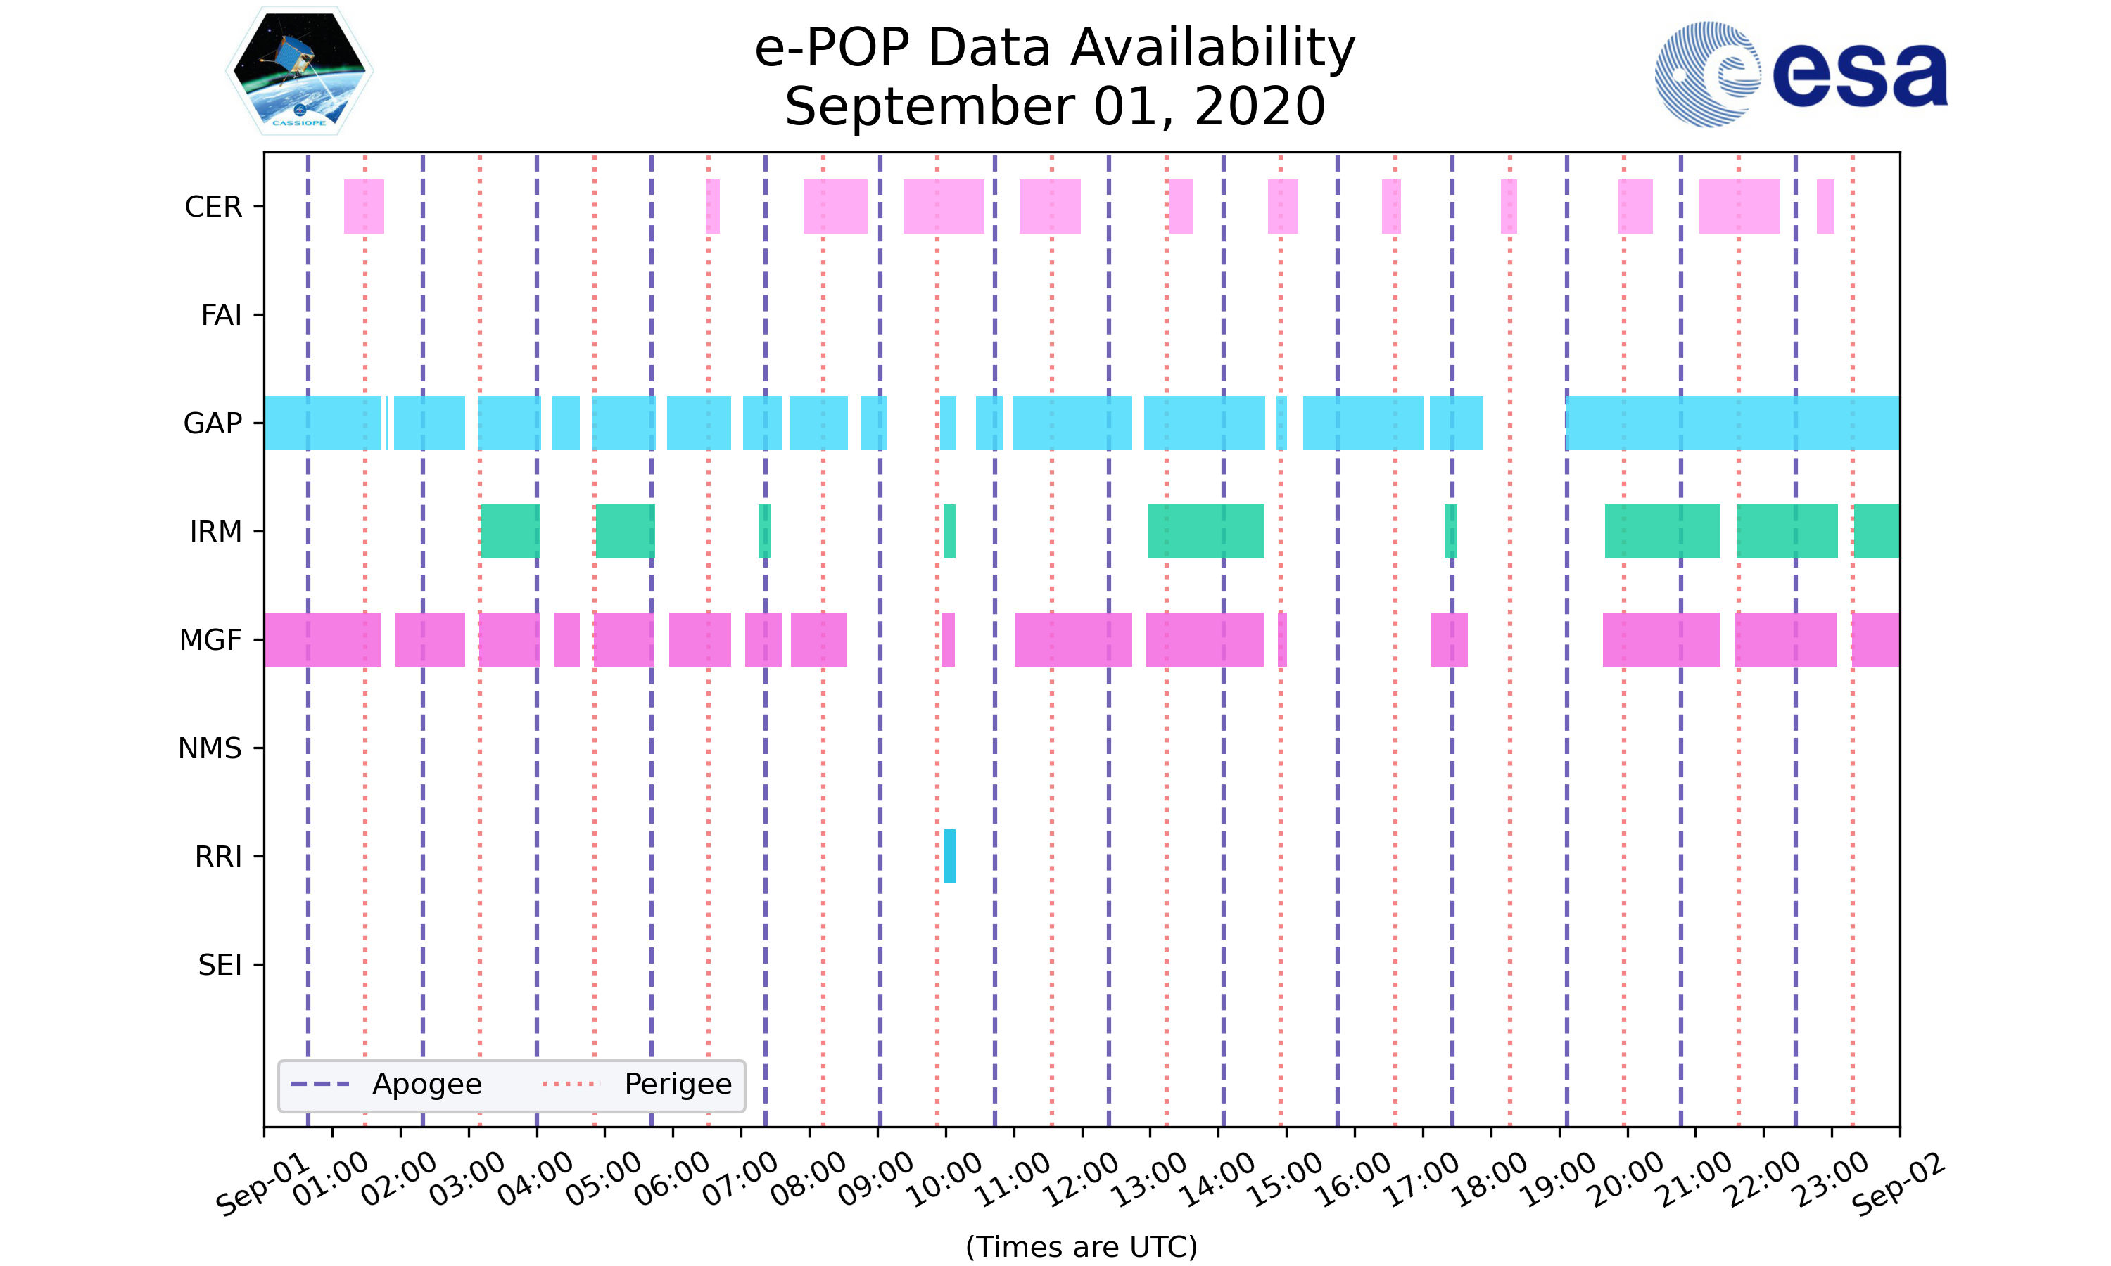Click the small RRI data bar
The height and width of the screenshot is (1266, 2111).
coord(950,856)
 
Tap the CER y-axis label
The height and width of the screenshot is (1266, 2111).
coord(213,207)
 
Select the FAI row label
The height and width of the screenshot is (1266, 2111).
coord(221,315)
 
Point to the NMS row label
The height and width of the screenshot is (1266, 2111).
coord(210,748)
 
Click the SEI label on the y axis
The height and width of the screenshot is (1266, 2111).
coord(220,965)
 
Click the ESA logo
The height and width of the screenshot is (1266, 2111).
coord(1801,75)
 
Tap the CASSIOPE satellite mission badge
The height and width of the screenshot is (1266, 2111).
coord(300,71)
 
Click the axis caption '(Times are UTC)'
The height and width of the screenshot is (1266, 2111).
coord(1081,1246)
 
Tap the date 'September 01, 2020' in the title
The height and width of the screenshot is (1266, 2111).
coord(1055,107)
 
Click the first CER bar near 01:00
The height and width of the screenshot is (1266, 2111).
coord(364,207)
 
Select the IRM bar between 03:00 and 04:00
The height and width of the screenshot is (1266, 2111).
coord(510,532)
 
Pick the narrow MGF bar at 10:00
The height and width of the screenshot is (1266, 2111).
coord(948,640)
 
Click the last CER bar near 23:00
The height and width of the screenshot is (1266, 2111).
coord(1825,207)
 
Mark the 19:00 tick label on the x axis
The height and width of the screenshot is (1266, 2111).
coord(1559,1179)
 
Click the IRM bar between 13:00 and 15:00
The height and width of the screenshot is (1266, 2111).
coord(1205,532)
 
